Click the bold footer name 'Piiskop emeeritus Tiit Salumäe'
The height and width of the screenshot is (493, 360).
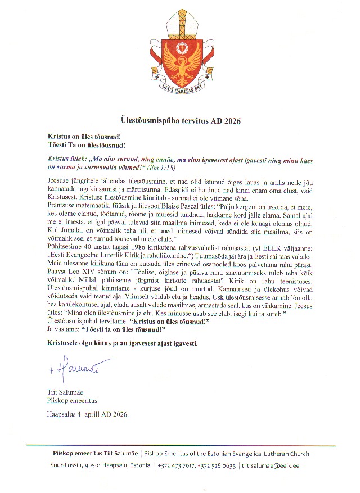coord(94,454)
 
